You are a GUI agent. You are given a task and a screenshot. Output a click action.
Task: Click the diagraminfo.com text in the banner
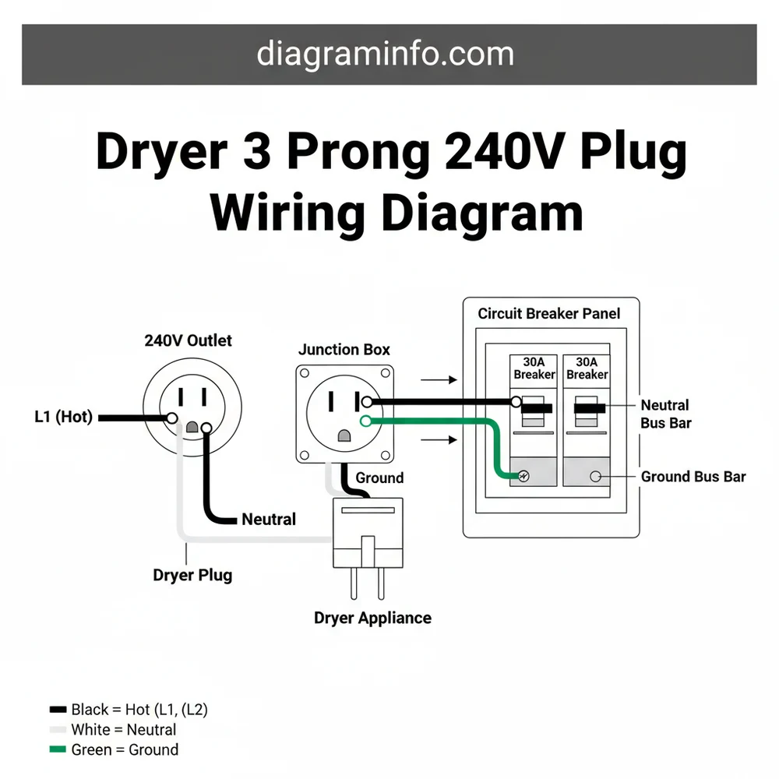(385, 54)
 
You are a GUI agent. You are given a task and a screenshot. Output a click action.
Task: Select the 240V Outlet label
(188, 340)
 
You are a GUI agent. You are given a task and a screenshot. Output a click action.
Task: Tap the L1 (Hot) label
(63, 417)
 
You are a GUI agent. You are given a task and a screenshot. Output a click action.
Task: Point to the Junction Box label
(344, 350)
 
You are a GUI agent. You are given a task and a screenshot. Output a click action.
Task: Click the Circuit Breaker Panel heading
(549, 314)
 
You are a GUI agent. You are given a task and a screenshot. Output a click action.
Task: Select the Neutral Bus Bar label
(665, 414)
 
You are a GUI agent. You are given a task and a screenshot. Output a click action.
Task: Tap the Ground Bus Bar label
(693, 477)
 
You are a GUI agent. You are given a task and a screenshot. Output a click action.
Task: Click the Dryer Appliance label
(372, 618)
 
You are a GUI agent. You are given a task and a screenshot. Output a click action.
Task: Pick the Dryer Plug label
(192, 576)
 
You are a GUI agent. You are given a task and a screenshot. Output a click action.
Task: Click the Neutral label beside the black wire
(269, 519)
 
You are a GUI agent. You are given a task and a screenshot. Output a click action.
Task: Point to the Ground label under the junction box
(379, 478)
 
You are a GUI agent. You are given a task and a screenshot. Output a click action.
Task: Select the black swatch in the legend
(58, 710)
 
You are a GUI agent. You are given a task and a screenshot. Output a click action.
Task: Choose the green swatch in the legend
(58, 750)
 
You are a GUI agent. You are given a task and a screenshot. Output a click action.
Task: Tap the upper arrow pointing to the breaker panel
(438, 380)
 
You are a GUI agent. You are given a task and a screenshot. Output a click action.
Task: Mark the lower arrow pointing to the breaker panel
(438, 440)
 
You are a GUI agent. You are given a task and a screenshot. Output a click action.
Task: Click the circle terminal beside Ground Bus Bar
(596, 476)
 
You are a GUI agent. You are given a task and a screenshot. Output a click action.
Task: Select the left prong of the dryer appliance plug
(354, 582)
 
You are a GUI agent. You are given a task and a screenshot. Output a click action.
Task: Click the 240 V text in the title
(485, 152)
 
